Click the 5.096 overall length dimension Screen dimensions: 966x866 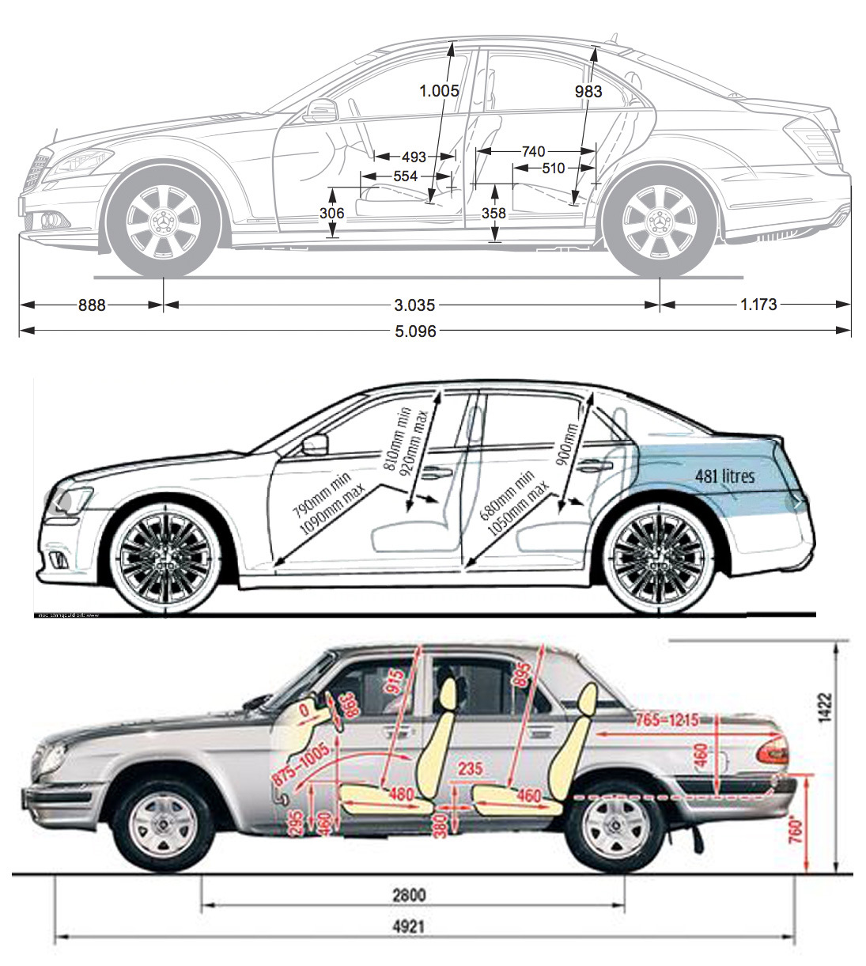click(415, 331)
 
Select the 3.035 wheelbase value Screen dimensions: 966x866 click(415, 305)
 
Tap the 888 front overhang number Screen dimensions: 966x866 click(92, 305)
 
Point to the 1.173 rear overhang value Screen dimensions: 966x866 click(758, 304)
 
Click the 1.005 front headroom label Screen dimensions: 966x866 click(439, 91)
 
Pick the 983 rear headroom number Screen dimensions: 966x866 click(588, 92)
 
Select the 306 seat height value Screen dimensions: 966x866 click(332, 213)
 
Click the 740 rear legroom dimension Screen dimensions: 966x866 click(533, 151)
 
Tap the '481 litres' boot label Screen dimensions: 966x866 click(725, 475)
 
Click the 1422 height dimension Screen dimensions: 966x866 click(825, 708)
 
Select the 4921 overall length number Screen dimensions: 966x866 click(407, 926)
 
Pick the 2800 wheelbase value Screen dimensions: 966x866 click(408, 895)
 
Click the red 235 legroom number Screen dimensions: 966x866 click(470, 769)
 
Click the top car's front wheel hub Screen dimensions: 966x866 click(165, 222)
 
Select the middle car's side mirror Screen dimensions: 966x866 click(316, 445)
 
